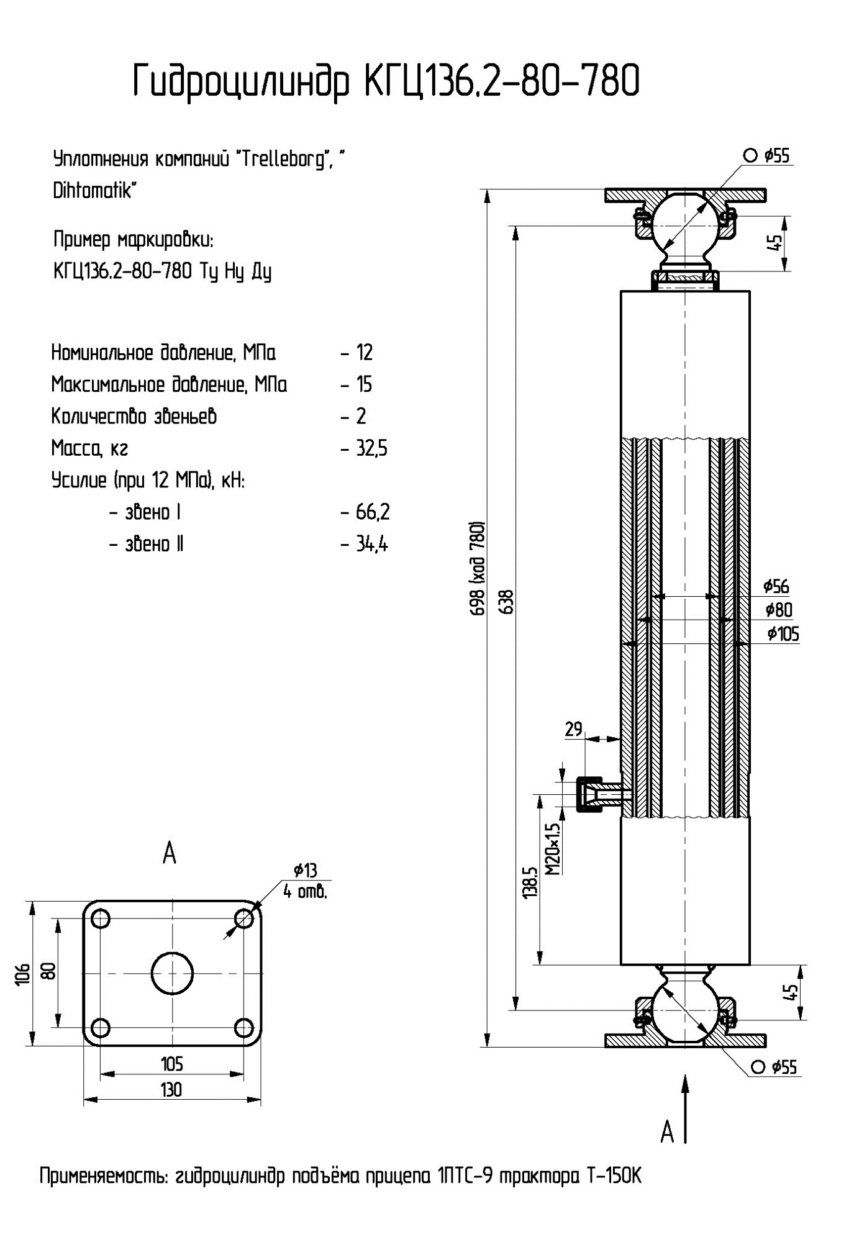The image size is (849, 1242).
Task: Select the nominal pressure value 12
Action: (x=364, y=353)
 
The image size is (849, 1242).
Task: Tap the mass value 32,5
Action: (x=371, y=448)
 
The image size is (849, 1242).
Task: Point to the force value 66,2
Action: (x=373, y=512)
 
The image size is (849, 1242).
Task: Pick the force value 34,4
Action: (x=371, y=545)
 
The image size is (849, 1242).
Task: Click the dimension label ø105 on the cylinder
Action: (x=783, y=634)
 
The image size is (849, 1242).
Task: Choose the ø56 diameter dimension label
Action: (x=776, y=586)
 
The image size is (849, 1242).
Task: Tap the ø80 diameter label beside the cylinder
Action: (x=779, y=610)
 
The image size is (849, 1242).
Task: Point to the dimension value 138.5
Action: (x=530, y=882)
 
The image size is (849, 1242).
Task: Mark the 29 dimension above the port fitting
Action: (x=574, y=729)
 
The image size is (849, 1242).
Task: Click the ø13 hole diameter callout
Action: (x=305, y=870)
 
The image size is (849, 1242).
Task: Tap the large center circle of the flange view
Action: (x=172, y=973)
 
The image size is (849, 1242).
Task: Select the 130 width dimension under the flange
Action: (x=171, y=1090)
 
